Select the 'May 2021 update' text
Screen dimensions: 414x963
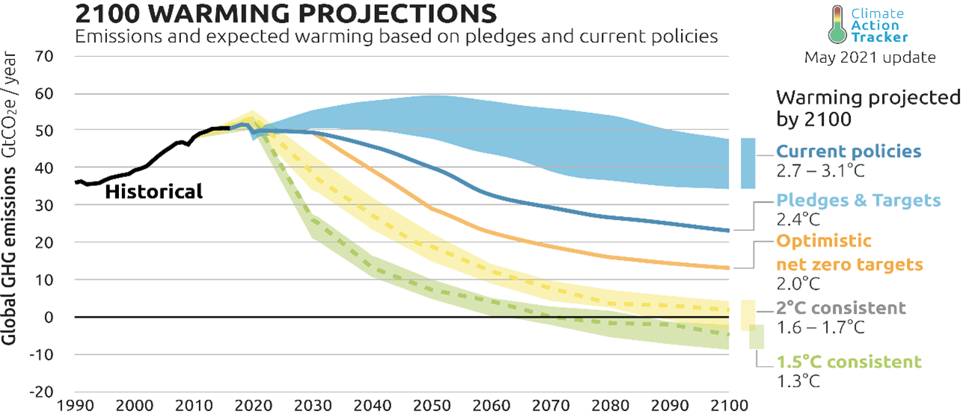pyautogui.click(x=869, y=58)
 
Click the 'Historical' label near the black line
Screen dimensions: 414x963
pyautogui.click(x=153, y=192)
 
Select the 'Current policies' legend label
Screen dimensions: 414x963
pyautogui.click(x=849, y=151)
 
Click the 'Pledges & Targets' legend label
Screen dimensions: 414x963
pyautogui.click(x=855, y=200)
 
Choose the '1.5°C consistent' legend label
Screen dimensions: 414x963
pyautogui.click(x=849, y=362)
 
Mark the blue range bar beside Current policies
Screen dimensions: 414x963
pyautogui.click(x=748, y=163)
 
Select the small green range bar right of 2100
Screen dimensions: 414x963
pyautogui.click(x=756, y=336)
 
